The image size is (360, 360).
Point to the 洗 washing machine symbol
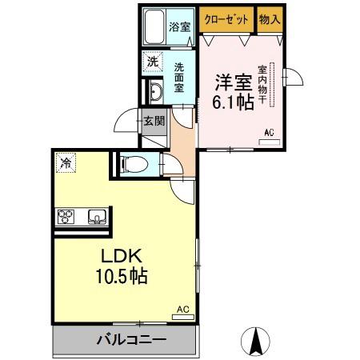pos(151,62)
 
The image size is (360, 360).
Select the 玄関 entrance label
pos(154,122)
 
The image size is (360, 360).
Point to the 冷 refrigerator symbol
pos(65,162)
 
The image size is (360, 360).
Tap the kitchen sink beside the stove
pos(97,216)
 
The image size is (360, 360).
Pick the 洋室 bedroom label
pos(230,82)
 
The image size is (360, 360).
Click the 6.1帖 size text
pos(230,102)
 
